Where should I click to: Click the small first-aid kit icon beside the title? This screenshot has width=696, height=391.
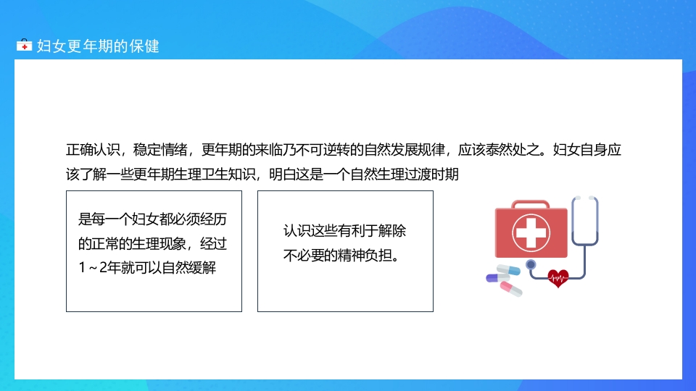coord(24,46)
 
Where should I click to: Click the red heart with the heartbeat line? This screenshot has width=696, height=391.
coord(558,277)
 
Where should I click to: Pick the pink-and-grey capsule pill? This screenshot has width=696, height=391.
coord(510,289)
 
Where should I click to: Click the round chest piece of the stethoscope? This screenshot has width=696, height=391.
coord(531,264)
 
